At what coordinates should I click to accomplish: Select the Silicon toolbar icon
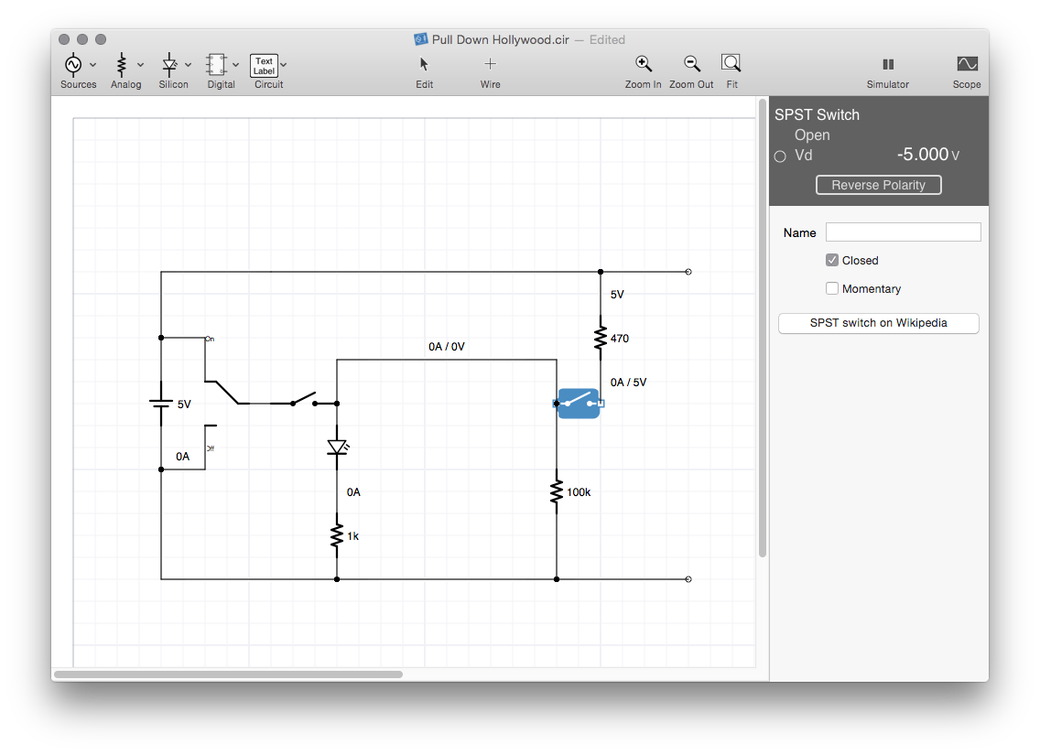pos(169,65)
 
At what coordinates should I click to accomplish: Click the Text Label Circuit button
pos(264,66)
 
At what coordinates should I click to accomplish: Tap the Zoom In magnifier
pos(643,64)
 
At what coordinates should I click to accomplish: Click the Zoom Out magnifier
pos(692,64)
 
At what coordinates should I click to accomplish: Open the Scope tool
pos(967,64)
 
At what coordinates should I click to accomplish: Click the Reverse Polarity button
pos(878,185)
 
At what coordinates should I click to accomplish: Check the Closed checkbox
pos(832,260)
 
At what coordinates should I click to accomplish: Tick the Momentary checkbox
pos(832,288)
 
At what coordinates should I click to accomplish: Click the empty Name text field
pos(903,232)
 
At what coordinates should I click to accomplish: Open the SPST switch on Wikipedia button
pos(878,323)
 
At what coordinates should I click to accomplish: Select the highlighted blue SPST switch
pos(579,403)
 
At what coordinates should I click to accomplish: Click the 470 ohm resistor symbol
pos(601,338)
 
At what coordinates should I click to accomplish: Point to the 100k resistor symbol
pos(557,491)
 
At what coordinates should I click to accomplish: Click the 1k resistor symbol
pos(337,535)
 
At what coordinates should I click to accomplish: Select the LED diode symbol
pos(338,448)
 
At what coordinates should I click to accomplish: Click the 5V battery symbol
pos(160,403)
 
